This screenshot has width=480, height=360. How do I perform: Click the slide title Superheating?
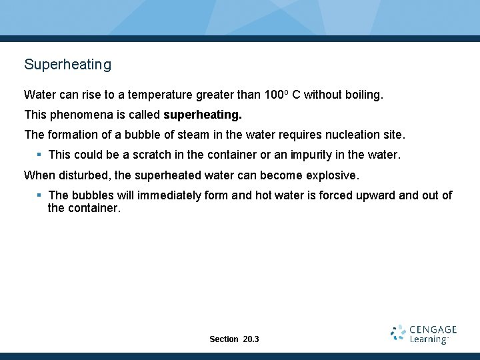tap(67, 65)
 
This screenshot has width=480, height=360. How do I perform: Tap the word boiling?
tap(363, 95)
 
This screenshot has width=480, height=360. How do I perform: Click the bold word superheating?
tap(203, 115)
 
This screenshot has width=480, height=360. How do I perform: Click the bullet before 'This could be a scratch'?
tap(39, 155)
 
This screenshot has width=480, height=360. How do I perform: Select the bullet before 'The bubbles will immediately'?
tap(39, 195)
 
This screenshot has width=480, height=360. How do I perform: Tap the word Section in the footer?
tap(223, 339)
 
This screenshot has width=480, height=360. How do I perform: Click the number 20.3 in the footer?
tap(251, 339)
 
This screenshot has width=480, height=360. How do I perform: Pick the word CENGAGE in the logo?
tap(433, 329)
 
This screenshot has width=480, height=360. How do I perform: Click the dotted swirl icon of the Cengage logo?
tap(398, 333)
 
